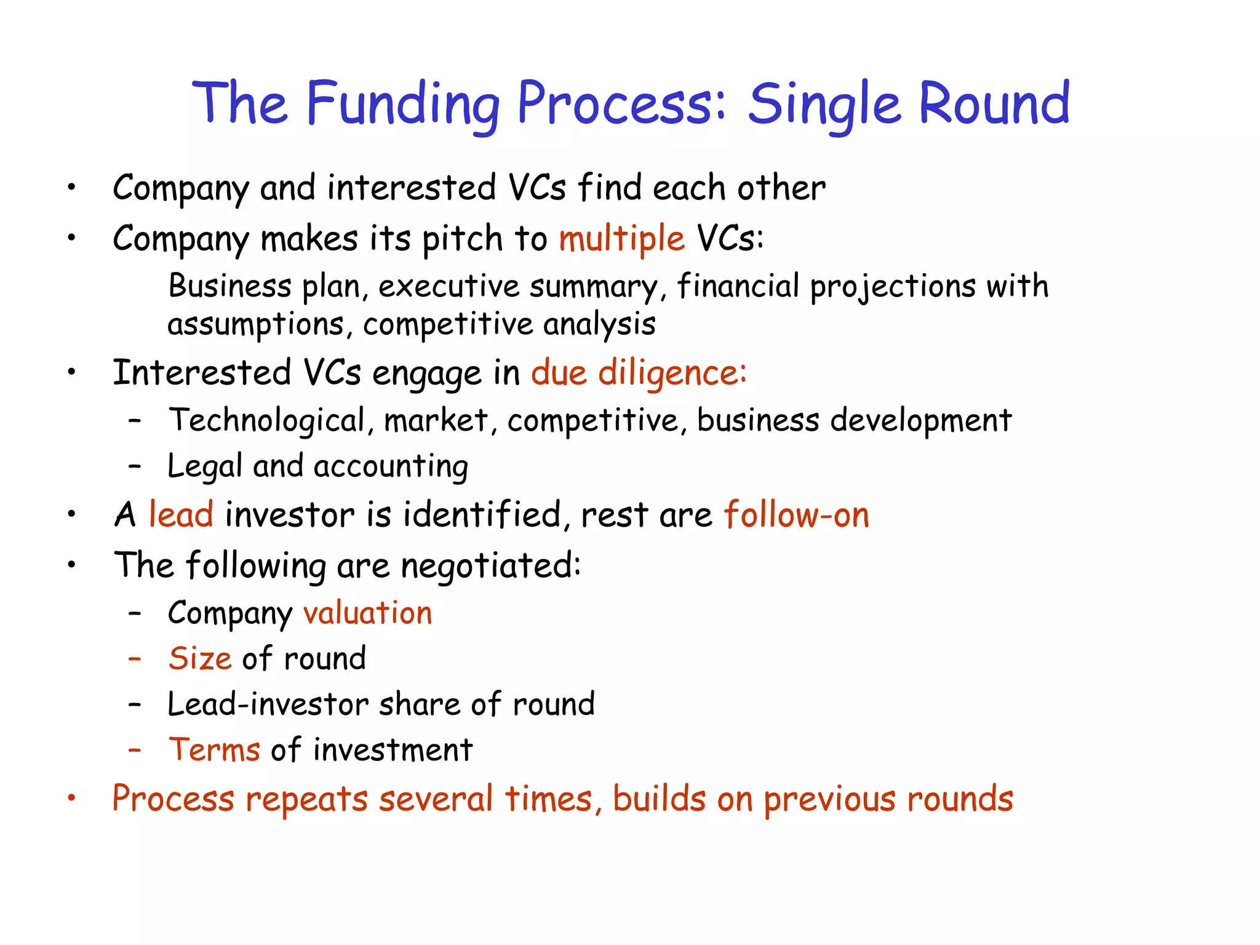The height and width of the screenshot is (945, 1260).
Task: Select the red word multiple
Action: click(621, 239)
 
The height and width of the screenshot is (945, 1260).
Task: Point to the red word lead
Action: click(181, 514)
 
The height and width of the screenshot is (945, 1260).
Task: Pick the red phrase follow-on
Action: click(796, 514)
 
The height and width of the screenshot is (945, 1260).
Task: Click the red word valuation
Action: click(368, 613)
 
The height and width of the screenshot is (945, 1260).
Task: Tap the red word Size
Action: click(200, 658)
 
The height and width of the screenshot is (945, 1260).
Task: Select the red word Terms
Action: click(214, 750)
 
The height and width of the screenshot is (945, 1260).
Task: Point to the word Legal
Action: click(205, 466)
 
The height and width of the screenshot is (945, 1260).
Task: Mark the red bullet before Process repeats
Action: click(72, 799)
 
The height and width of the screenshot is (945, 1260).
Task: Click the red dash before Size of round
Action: click(135, 658)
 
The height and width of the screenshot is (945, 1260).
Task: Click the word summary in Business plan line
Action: click(594, 287)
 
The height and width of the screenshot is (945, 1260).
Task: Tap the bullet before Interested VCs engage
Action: click(72, 372)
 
